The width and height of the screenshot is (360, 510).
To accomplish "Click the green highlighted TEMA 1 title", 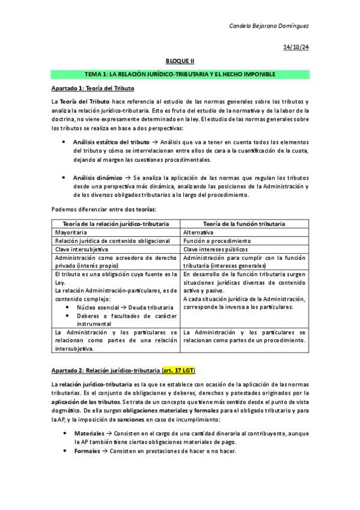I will click(180, 74).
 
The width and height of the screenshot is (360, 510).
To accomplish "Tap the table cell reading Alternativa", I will click(198, 232).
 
